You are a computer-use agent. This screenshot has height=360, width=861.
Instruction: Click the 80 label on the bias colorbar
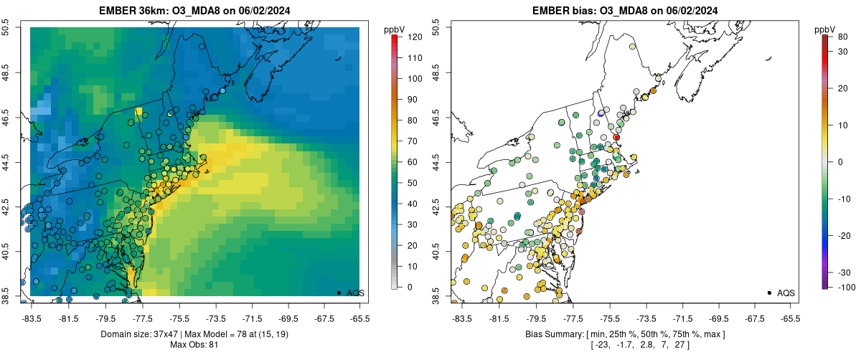(x=842, y=36)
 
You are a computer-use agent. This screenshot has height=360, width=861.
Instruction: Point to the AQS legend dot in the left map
(x=339, y=293)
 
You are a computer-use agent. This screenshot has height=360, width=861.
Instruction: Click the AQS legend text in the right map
(x=786, y=293)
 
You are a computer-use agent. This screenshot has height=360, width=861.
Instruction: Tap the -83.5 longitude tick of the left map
(x=31, y=318)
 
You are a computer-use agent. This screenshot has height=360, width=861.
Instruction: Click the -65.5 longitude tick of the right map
(x=789, y=318)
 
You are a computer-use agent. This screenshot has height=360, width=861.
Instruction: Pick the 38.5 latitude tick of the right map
(x=436, y=295)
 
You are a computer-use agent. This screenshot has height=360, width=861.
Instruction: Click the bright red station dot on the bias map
(x=616, y=137)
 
